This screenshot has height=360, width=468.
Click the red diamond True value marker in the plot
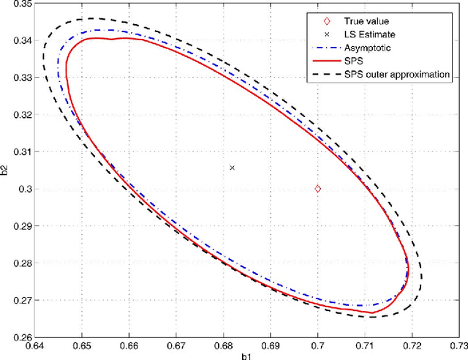(x=318, y=189)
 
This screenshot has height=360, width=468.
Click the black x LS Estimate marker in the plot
(x=233, y=168)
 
